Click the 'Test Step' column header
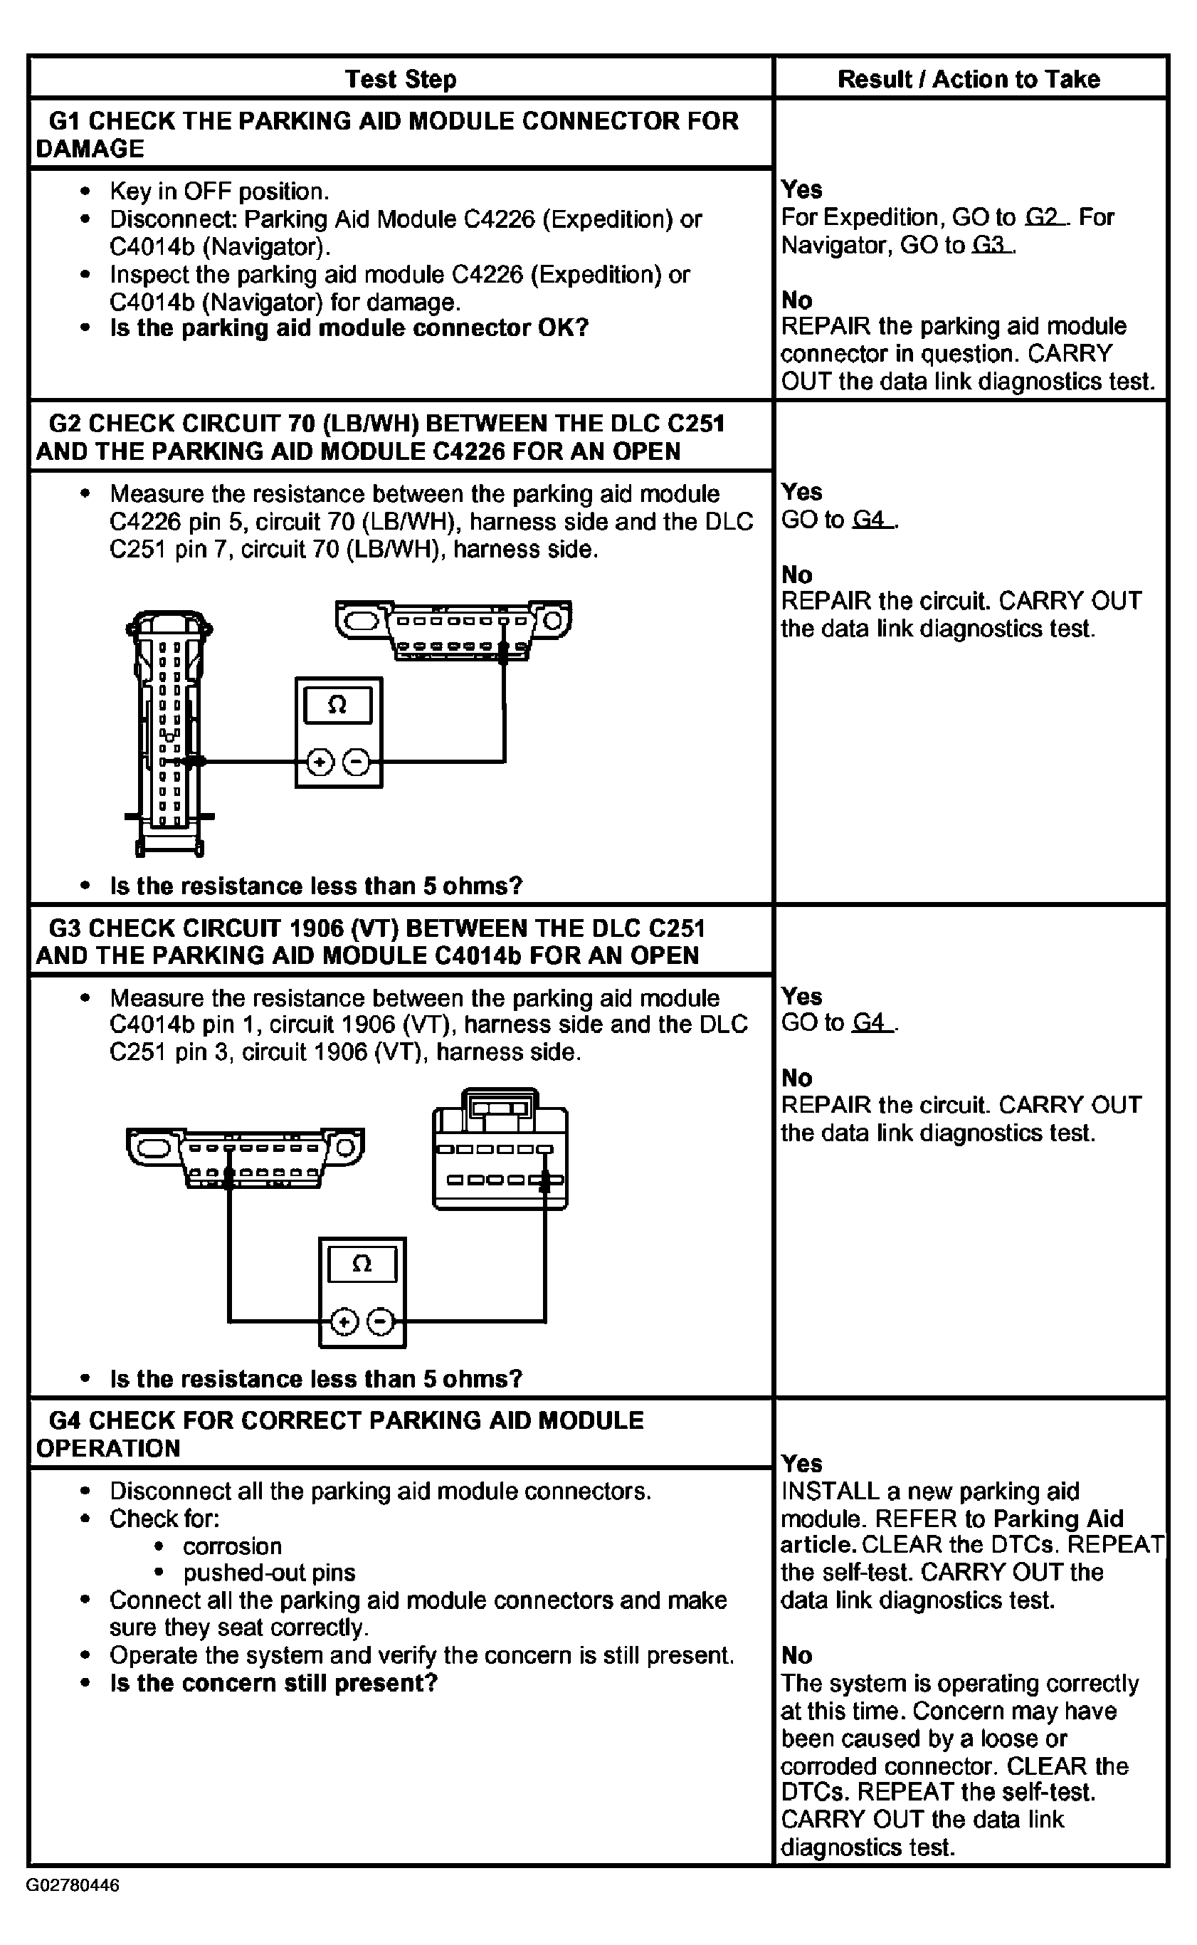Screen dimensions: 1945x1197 pos(401,79)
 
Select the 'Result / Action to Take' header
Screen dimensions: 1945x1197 pos(969,79)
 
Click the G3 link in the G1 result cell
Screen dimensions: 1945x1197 pos(991,246)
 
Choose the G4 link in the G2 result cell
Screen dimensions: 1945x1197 pos(872,520)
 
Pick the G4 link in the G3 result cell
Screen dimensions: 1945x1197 pos(872,1023)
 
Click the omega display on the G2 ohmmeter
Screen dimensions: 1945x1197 pos(337,705)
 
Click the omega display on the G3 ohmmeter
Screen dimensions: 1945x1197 pos(361,1264)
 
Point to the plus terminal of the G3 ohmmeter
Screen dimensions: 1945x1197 pos(344,1322)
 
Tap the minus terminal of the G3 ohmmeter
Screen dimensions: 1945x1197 pos(381,1322)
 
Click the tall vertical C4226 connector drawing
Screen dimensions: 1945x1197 pos(169,733)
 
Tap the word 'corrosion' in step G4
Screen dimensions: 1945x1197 pos(232,1546)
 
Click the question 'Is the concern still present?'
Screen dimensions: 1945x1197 pos(273,1683)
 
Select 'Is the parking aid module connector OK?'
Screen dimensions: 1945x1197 pos(349,328)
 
